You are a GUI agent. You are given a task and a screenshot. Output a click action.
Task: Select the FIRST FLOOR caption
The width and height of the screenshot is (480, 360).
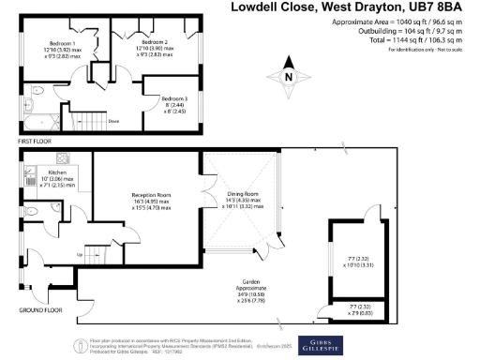[x=35, y=141]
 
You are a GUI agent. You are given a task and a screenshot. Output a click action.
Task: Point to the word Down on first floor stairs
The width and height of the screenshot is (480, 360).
[x=112, y=121]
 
